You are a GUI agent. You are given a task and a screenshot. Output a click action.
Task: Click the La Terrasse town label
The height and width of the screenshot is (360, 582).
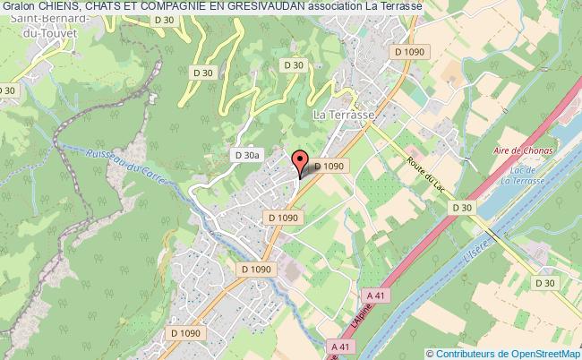[x=344, y=115]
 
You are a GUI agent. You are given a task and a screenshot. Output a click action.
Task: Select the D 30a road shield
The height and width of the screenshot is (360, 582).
[x=247, y=155]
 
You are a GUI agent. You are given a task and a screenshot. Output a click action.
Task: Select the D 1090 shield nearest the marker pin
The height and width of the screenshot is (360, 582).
[x=330, y=166]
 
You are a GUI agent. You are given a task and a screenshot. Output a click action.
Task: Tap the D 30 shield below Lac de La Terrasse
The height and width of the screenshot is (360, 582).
[x=461, y=207]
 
